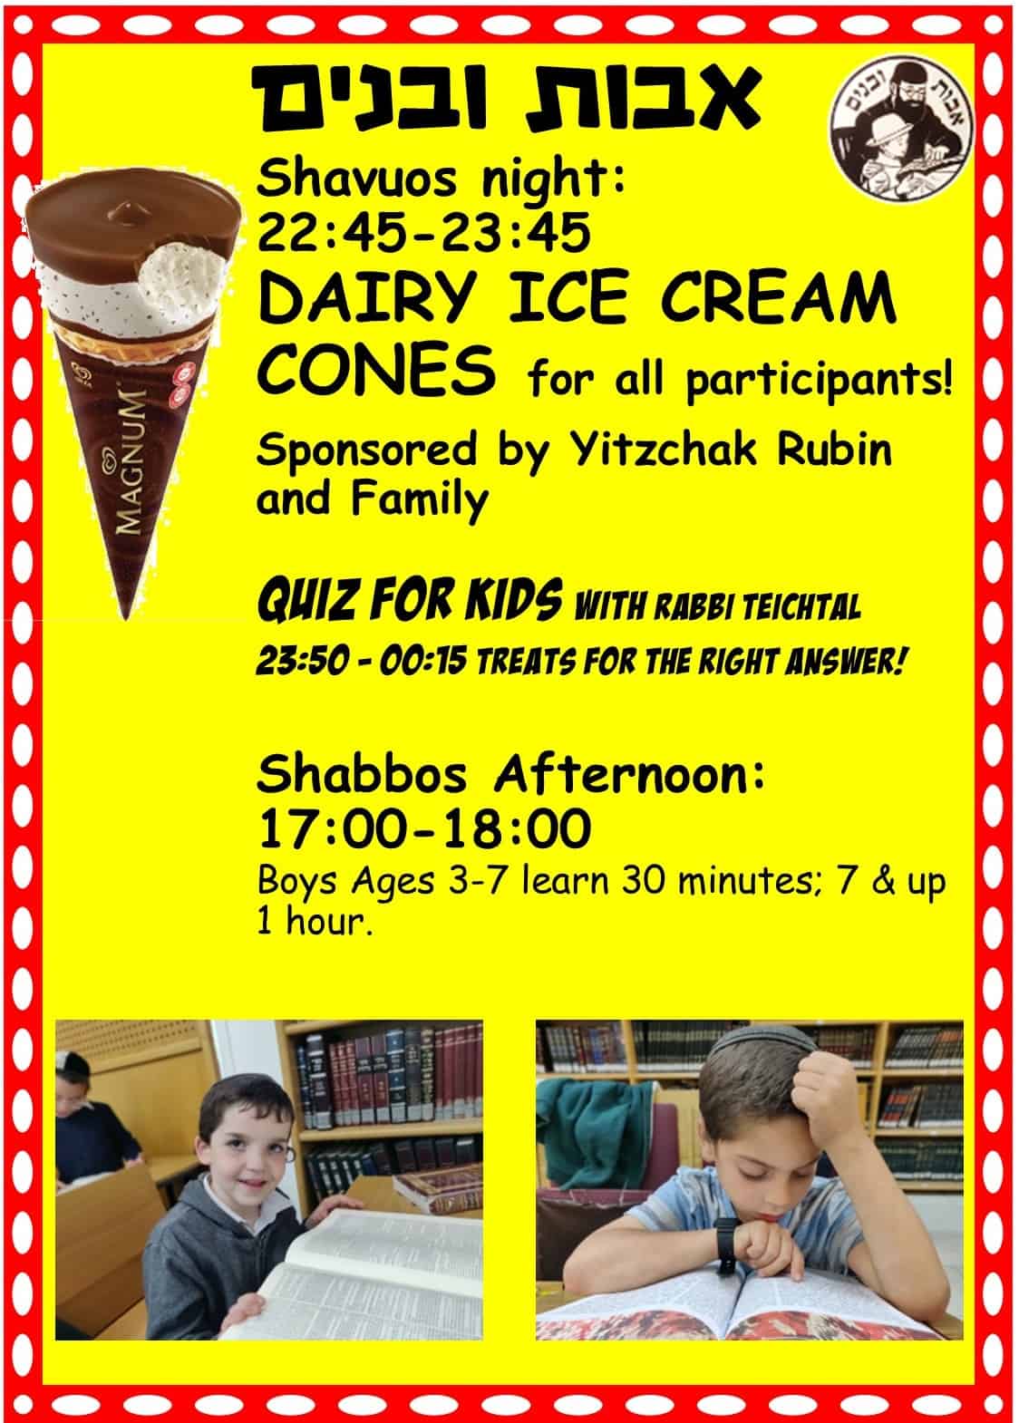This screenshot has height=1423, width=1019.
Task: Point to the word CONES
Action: [376, 369]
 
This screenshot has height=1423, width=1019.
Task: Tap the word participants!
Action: [819, 382]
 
